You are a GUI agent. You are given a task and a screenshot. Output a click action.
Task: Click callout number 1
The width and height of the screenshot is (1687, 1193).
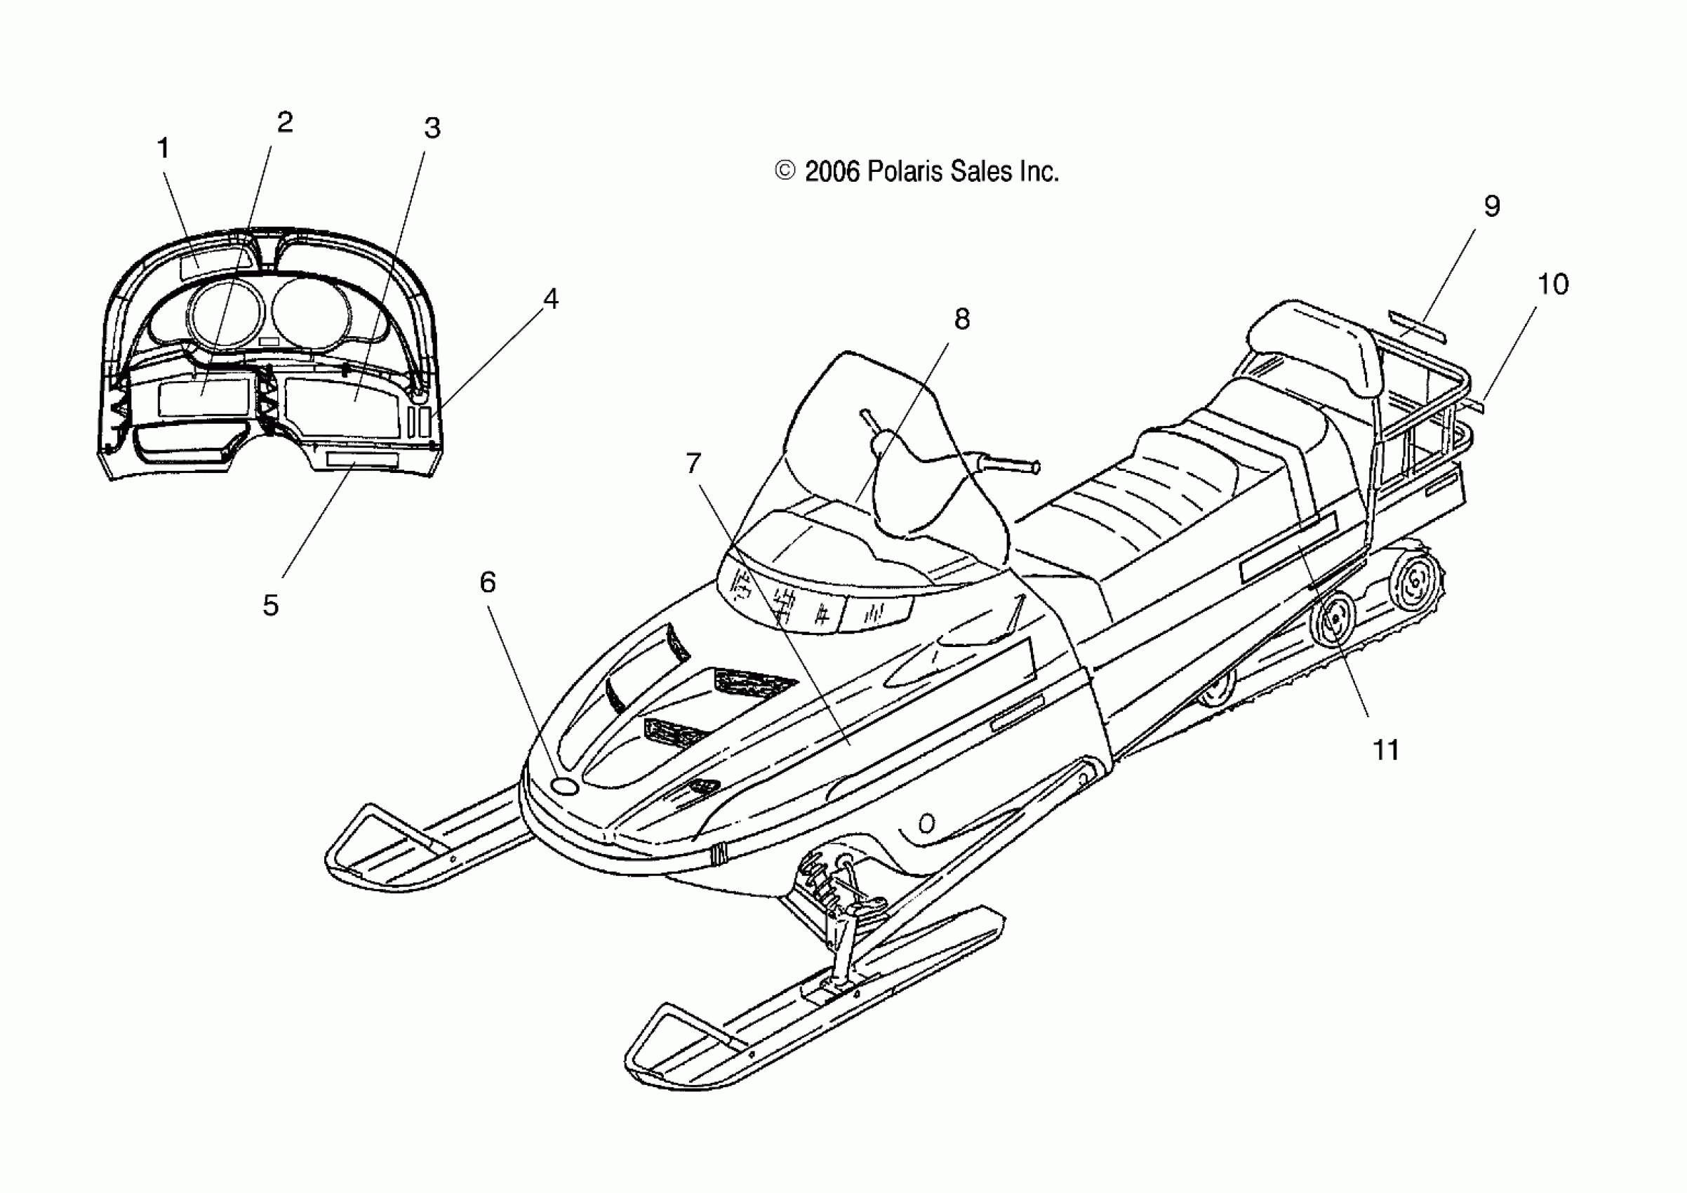tap(163, 148)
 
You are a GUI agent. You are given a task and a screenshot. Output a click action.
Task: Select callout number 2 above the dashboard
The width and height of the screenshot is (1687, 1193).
tap(284, 122)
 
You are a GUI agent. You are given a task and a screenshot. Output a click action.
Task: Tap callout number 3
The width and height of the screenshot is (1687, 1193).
tap(432, 128)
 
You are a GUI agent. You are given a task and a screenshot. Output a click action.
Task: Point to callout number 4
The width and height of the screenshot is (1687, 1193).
tap(550, 298)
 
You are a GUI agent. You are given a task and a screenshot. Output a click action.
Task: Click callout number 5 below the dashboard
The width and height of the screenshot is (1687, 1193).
tap(270, 606)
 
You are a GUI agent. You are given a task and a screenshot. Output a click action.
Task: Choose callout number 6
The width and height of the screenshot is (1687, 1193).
tap(487, 582)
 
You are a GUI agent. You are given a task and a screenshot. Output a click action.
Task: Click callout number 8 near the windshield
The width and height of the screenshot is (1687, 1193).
tap(961, 319)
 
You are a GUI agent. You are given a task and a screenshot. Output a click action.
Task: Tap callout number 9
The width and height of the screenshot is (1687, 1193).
tap(1491, 206)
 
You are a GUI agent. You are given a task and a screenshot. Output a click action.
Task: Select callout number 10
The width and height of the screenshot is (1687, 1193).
tap(1552, 284)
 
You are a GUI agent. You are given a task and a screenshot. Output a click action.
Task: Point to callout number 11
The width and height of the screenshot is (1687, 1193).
tap(1386, 750)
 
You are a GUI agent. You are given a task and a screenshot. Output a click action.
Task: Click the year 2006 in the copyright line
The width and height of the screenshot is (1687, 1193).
tap(832, 172)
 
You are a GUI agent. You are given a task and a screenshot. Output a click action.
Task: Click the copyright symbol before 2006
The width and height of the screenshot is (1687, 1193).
tap(785, 171)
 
